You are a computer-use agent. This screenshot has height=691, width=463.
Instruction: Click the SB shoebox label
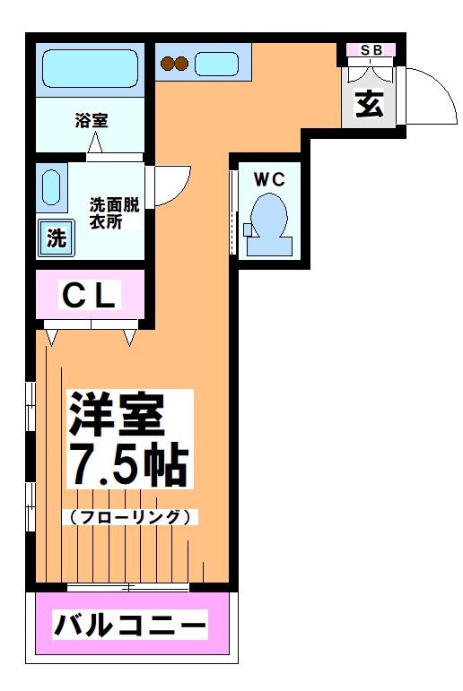371,50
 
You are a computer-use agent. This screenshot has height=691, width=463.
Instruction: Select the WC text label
268,179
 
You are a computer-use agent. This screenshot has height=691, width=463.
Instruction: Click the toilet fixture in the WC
266,220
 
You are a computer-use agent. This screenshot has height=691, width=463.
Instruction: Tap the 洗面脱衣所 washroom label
111,212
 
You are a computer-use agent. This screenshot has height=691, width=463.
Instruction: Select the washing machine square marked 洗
57,239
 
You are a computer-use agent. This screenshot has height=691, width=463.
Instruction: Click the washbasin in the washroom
53,188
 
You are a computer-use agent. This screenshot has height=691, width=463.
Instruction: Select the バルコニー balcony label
130,624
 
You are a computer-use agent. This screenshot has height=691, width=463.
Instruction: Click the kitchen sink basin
216,64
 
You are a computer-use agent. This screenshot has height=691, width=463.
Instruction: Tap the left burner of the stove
167,64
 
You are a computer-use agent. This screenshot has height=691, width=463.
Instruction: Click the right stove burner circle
182,64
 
